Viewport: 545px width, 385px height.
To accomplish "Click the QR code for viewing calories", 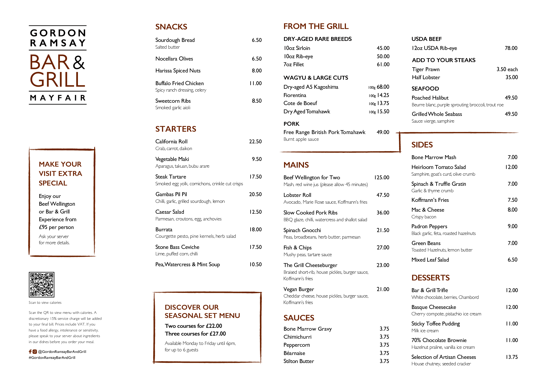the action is pos(41,284).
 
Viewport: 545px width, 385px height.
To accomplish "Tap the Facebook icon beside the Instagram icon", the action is pos(30,351).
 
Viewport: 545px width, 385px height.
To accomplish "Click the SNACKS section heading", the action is pos(171,27).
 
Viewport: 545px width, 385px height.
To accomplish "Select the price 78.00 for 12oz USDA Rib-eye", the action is pos(511,48).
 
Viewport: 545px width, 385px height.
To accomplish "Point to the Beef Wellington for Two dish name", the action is pos(312,177).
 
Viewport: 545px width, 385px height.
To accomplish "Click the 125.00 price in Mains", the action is pos(382,177).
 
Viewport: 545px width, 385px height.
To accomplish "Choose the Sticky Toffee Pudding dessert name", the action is pos(435,324).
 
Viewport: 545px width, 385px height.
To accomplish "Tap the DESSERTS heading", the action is pos(431,278).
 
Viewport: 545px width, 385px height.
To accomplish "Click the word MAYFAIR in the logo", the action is pos(58,98).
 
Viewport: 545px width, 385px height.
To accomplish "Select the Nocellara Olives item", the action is pos(174,59).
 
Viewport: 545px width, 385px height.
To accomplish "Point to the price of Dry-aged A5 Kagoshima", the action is pos(383,87).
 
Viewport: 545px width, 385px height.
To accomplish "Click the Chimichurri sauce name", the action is pos(297,337).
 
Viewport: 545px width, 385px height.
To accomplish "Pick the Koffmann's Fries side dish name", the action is pos(430,200).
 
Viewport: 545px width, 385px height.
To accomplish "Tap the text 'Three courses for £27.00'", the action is pos(195,334).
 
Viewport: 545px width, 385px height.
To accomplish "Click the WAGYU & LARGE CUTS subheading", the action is pos(316,78).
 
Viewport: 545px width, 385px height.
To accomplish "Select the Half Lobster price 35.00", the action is pos(512,77).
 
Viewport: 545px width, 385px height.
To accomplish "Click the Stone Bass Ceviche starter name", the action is pos(177,247).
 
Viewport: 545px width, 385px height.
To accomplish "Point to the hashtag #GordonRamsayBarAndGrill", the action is pos(52,358).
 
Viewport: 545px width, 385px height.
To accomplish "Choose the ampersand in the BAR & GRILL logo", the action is pos(79,63).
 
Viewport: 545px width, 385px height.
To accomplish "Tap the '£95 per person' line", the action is pos(56,227).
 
